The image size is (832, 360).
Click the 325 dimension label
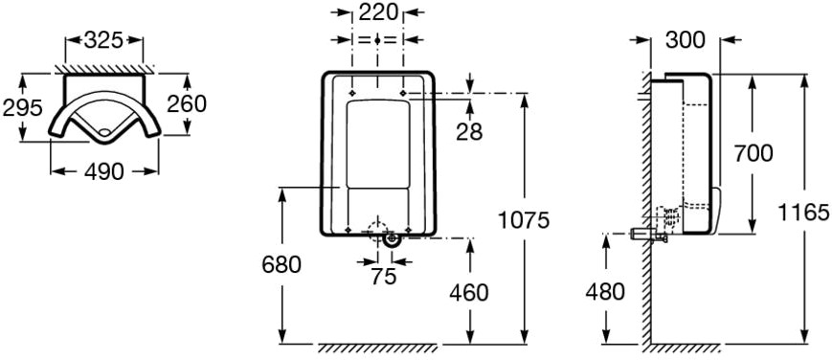[103, 40]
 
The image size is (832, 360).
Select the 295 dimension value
[22, 108]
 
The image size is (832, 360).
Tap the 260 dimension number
[187, 104]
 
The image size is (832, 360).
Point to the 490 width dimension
[104, 171]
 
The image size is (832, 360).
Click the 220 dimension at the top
[378, 11]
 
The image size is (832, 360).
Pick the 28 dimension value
[469, 132]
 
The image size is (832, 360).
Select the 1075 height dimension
[524, 220]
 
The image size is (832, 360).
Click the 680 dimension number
[281, 264]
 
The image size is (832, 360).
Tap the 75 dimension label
[384, 276]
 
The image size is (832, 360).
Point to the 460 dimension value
[469, 292]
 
